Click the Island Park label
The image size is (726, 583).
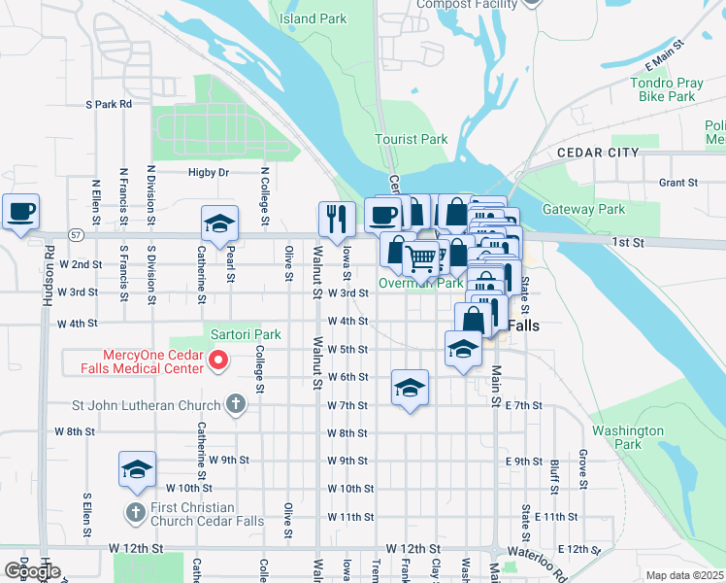pos(312,18)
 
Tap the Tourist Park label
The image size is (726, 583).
pos(412,139)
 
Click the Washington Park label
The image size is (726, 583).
pos(628,437)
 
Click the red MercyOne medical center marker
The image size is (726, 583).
pos(218,361)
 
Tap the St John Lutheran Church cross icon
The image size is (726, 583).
pos(234,403)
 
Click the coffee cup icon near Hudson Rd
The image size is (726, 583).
pos(20,212)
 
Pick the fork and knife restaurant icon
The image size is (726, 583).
pos(337,220)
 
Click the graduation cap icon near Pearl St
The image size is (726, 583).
pos(219,223)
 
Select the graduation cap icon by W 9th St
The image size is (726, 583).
pos(137,470)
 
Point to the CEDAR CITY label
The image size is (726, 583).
pos(597,153)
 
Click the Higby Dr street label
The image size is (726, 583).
pos(209,173)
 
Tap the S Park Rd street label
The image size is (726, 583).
pos(108,103)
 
